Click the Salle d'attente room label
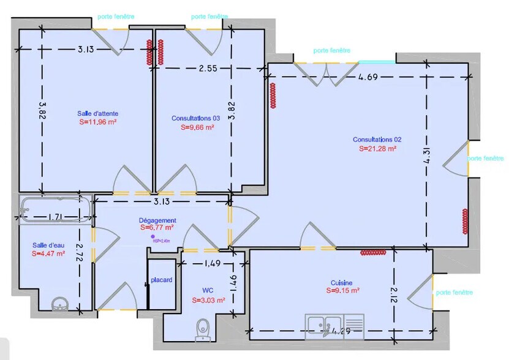point(98,113)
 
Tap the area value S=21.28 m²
point(377,148)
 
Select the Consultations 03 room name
point(195,118)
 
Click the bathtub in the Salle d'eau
point(55,208)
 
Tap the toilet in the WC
point(202,330)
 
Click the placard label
point(162,280)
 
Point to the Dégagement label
point(157,220)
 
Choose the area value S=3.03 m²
point(208,300)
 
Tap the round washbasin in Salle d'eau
point(60,302)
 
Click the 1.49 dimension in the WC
point(211,264)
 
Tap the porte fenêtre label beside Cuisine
point(454,293)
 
